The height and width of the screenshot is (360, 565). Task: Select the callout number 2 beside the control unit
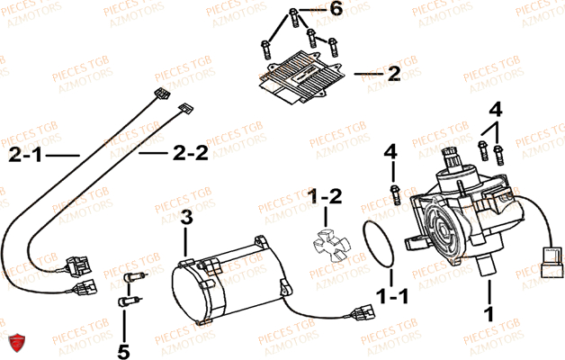tap(393, 75)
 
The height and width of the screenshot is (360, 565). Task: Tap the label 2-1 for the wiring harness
tap(27, 156)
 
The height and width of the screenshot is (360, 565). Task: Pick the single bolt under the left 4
tap(393, 191)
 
